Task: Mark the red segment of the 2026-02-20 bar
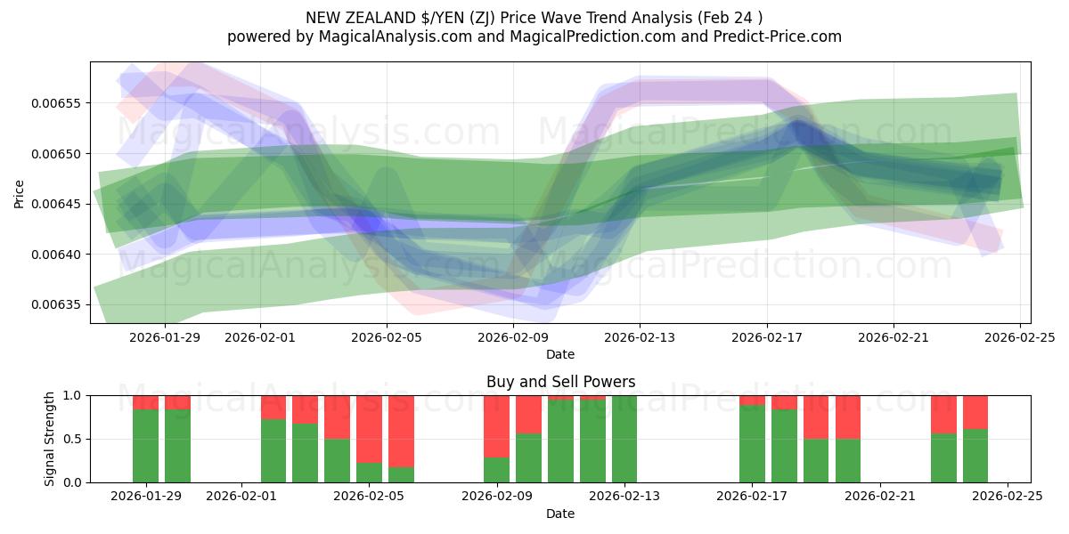[848, 417]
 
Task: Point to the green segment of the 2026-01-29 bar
[145, 446]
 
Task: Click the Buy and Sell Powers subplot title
[560, 382]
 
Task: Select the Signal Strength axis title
[50, 439]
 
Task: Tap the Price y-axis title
[19, 192]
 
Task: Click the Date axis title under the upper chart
[560, 354]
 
